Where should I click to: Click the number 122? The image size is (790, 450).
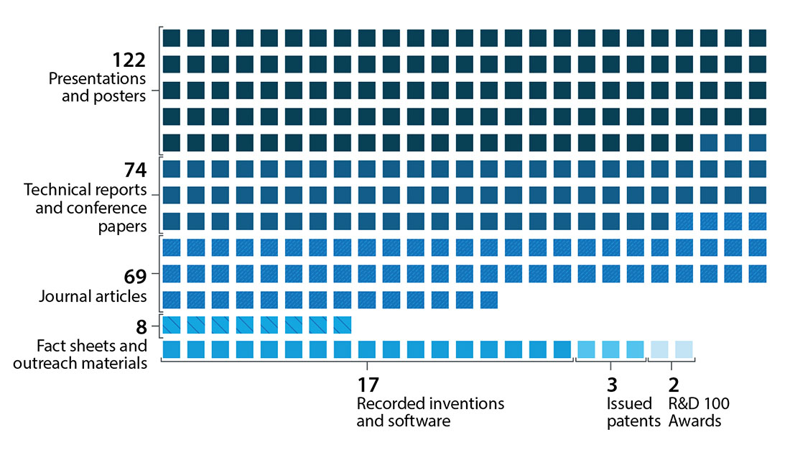point(129,61)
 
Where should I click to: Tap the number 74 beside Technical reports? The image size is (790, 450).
point(135,170)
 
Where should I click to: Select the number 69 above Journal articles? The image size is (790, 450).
point(135,276)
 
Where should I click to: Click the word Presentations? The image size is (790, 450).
point(97,78)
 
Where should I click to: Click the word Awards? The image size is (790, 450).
point(694,421)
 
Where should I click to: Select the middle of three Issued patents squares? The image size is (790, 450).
point(610,349)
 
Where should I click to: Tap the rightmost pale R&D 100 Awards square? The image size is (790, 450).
point(684,349)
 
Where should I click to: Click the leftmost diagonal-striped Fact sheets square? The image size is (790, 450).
point(171,325)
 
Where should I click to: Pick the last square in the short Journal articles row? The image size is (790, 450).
point(488,299)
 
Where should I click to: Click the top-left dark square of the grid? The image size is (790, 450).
point(171,37)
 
